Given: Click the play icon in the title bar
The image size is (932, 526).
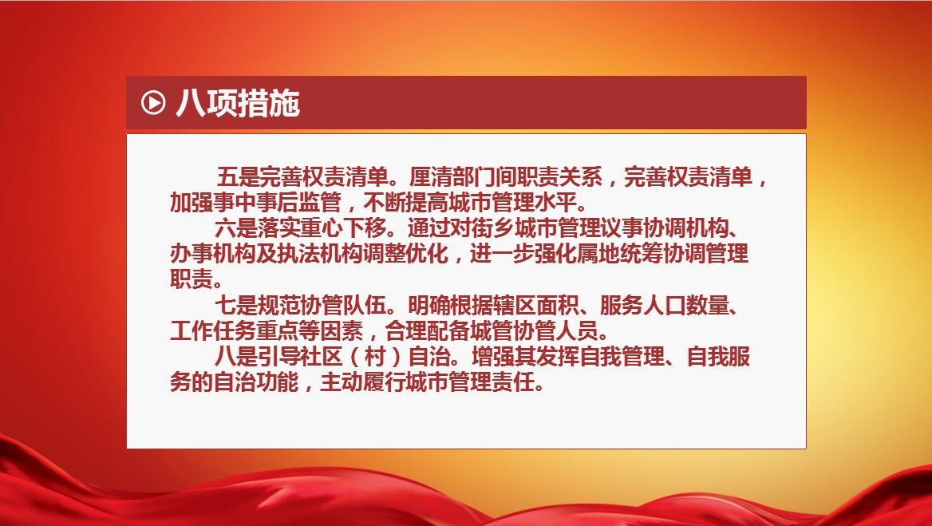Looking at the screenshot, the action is click(152, 103).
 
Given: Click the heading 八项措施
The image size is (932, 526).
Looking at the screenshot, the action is click(238, 104).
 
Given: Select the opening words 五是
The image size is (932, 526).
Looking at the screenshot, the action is click(237, 177).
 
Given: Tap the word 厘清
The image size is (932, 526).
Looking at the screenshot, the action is click(430, 177).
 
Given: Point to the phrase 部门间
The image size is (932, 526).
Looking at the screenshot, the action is click(484, 177).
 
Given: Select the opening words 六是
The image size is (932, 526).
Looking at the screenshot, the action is click(236, 228).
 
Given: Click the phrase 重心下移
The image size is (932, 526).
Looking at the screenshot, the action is click(344, 228).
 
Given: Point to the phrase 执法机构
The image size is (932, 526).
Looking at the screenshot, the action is click(320, 254).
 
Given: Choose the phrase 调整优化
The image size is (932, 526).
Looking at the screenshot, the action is click(405, 254).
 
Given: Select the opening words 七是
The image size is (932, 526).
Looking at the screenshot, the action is click(236, 306).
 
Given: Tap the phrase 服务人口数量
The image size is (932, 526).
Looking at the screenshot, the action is click(665, 306).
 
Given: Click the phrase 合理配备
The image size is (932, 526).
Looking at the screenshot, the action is click(428, 331).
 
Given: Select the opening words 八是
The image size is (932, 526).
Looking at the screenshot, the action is click(236, 358).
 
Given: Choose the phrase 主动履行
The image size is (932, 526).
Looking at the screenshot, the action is click(363, 383).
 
